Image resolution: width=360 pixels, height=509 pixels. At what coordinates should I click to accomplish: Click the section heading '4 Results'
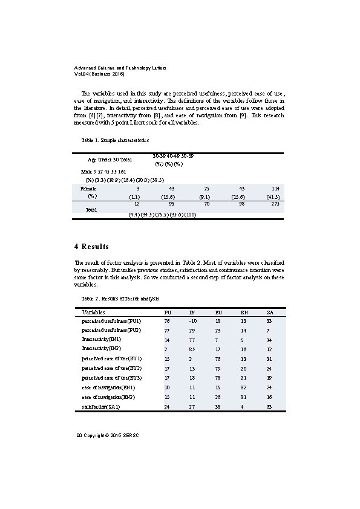91,247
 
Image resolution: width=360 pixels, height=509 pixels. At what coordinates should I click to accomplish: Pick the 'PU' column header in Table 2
168,312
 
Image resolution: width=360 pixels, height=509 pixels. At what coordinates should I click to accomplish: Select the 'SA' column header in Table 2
270,312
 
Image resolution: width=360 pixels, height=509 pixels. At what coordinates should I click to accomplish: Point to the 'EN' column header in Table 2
244,312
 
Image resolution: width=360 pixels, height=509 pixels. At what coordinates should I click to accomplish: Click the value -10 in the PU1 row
192,320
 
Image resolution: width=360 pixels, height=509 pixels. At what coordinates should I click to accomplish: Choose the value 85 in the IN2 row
192,349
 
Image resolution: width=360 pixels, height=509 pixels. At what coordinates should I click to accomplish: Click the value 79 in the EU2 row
218,368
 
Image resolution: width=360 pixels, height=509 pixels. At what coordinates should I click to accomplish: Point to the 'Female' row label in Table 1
88,189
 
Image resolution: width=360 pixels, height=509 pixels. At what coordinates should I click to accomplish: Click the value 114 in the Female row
275,189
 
